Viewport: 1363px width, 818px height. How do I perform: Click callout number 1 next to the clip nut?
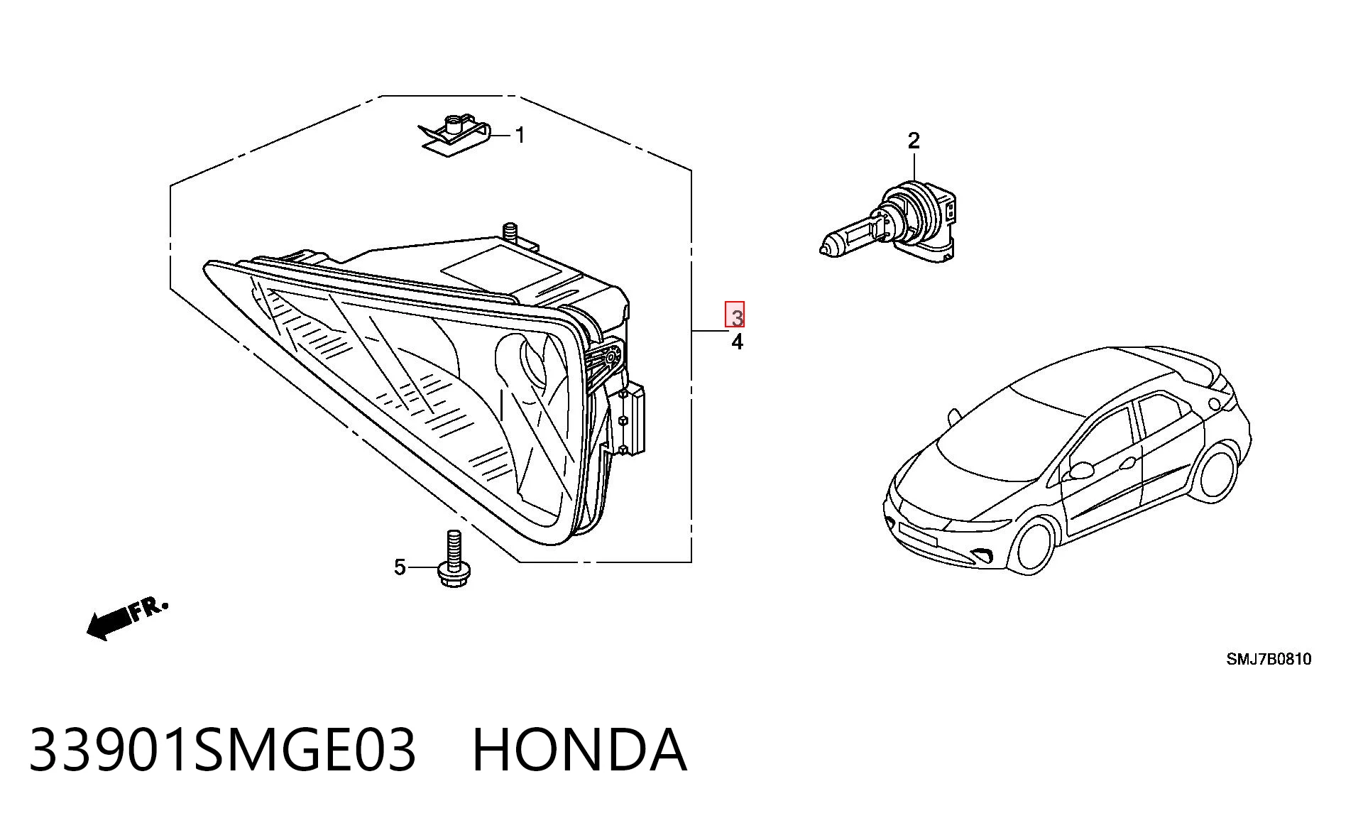click(520, 135)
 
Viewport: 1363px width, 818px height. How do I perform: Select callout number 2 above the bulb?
click(914, 141)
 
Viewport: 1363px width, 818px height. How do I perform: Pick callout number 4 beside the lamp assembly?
click(738, 342)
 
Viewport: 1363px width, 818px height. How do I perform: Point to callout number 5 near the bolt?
click(400, 567)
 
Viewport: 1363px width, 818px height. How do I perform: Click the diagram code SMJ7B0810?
click(1269, 659)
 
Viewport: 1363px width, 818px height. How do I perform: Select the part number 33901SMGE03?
click(221, 750)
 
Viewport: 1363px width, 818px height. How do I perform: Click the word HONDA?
click(579, 750)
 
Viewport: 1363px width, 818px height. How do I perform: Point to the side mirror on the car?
click(1080, 469)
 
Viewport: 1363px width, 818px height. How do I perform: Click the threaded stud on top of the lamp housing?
click(508, 231)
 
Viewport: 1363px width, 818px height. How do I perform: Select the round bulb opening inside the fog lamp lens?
click(535, 363)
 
